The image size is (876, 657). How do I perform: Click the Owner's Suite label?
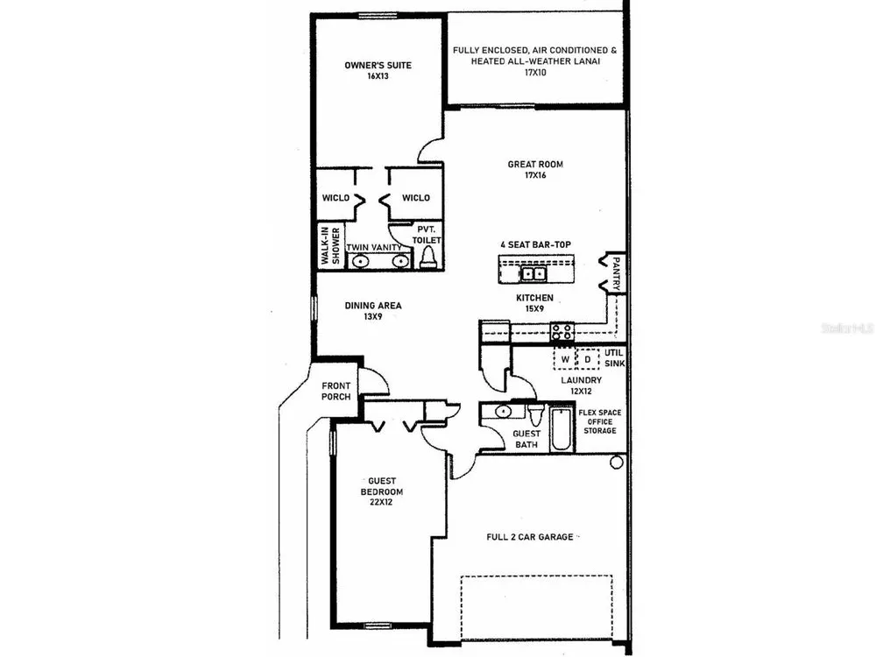pyautogui.click(x=378, y=66)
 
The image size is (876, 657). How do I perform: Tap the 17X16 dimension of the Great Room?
pyautogui.click(x=535, y=175)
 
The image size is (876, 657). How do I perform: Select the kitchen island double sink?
pyautogui.click(x=533, y=273)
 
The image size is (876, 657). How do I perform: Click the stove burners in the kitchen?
pyautogui.click(x=562, y=331)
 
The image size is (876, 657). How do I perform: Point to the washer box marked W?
pyautogui.click(x=565, y=359)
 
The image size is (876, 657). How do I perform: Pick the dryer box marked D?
pyautogui.click(x=587, y=359)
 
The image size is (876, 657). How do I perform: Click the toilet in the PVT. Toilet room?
pyautogui.click(x=428, y=258)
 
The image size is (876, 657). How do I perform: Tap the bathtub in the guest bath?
pyautogui.click(x=562, y=429)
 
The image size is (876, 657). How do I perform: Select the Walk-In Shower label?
pyautogui.click(x=329, y=246)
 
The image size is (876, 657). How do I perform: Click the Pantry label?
pyautogui.click(x=616, y=273)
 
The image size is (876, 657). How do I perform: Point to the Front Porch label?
pyautogui.click(x=336, y=391)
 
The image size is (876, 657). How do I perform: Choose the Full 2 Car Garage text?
pyautogui.click(x=530, y=537)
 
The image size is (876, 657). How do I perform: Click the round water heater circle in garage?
pyautogui.click(x=616, y=463)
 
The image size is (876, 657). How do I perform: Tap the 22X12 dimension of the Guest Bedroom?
pyautogui.click(x=380, y=502)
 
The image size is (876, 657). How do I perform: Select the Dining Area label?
pyautogui.click(x=372, y=306)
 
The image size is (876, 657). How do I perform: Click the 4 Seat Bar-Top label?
pyautogui.click(x=535, y=244)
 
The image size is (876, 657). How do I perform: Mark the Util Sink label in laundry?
pyautogui.click(x=615, y=358)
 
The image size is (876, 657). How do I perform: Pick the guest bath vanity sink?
pyautogui.click(x=504, y=412)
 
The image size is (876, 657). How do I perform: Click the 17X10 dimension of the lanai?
pyautogui.click(x=534, y=73)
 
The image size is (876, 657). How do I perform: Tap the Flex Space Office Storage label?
pyautogui.click(x=599, y=422)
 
